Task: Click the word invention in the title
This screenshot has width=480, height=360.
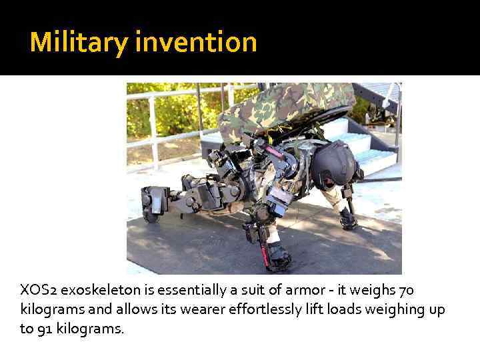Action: click(x=195, y=43)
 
